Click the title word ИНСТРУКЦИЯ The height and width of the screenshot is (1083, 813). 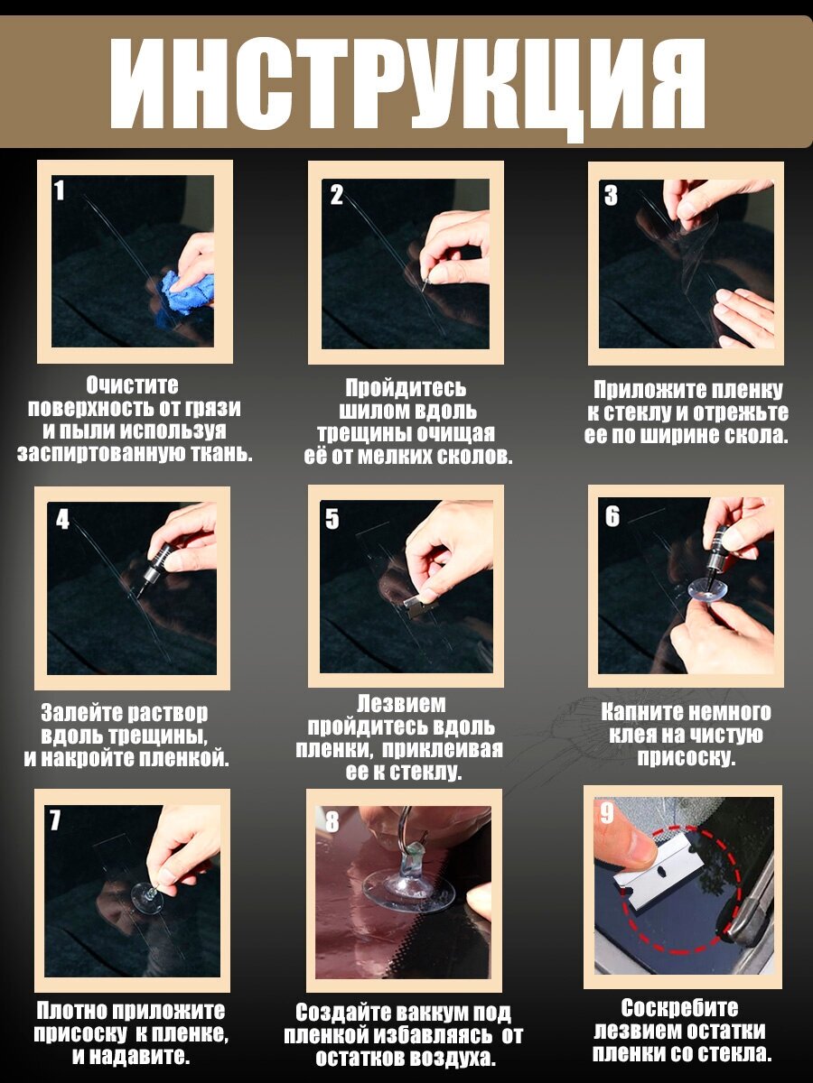coord(406,83)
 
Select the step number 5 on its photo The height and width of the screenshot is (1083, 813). coord(332,519)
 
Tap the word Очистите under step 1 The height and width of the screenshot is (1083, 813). coord(132,386)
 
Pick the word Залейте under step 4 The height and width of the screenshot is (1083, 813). coord(78,712)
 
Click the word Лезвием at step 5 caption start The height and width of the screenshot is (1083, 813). coord(401,704)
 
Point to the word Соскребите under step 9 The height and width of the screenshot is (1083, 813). coord(679,1008)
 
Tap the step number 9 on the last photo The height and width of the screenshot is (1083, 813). coord(607,812)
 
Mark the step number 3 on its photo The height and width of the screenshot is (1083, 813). coord(612,195)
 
